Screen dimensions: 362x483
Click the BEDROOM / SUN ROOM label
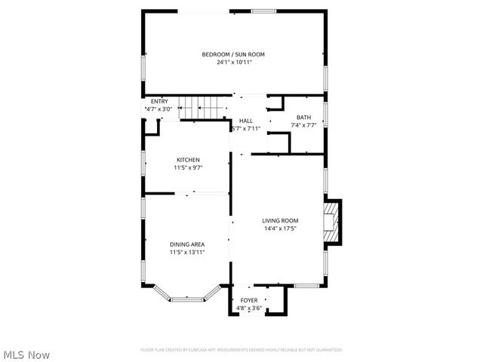tap(233, 54)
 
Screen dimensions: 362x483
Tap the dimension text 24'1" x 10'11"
tap(233, 63)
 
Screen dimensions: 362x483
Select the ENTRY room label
tap(159, 102)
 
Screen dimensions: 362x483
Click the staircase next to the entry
tap(208, 108)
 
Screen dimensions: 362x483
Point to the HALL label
tap(246, 121)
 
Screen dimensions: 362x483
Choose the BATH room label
tap(303, 117)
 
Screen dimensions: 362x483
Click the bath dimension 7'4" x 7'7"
tap(303, 125)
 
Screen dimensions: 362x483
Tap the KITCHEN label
tap(188, 160)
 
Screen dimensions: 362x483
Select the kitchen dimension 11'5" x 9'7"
tap(188, 167)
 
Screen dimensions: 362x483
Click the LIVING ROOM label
tap(280, 220)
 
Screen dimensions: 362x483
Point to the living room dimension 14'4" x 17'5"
tap(280, 229)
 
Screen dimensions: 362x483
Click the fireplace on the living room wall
tap(332, 223)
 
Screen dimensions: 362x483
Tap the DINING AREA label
tap(187, 244)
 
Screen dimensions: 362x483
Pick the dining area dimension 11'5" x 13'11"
tap(187, 253)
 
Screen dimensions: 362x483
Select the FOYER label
tap(248, 300)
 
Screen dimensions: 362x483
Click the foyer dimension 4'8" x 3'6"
tap(248, 308)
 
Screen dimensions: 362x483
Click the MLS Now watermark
tap(26, 354)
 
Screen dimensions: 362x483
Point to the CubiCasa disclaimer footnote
tap(241, 350)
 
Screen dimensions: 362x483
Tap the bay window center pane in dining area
tap(187, 299)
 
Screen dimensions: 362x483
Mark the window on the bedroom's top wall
tap(263, 11)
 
